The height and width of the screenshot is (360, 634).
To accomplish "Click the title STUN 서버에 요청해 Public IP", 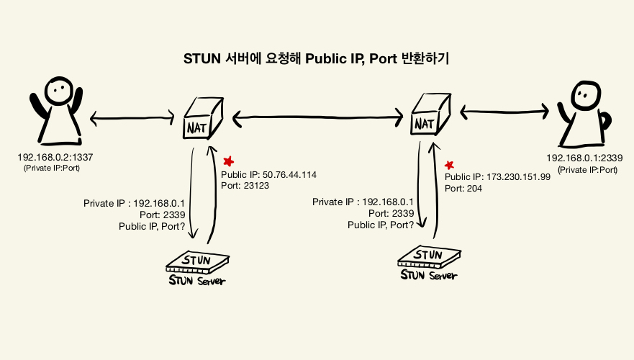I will [x=317, y=59].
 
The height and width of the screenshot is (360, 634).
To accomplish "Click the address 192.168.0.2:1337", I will [x=54, y=156].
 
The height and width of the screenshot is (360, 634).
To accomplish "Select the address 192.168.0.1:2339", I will [x=584, y=158].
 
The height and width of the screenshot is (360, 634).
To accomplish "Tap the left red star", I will [x=229, y=161].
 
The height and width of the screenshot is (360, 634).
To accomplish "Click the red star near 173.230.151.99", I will [x=450, y=165].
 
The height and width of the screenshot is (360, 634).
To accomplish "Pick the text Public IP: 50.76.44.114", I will [x=268, y=175].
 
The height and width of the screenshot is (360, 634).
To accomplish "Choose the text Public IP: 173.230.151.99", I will [x=497, y=177].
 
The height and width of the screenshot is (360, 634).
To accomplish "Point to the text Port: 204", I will [x=463, y=189].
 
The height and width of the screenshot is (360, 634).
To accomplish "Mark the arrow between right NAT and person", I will [x=504, y=111].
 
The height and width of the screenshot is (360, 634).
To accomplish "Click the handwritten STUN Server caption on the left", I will [x=196, y=280].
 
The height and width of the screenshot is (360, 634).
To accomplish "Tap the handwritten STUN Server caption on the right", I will [x=428, y=275].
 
